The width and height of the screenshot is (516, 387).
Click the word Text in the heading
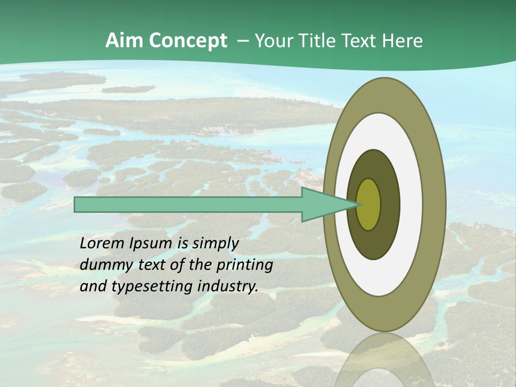(x=363, y=41)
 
